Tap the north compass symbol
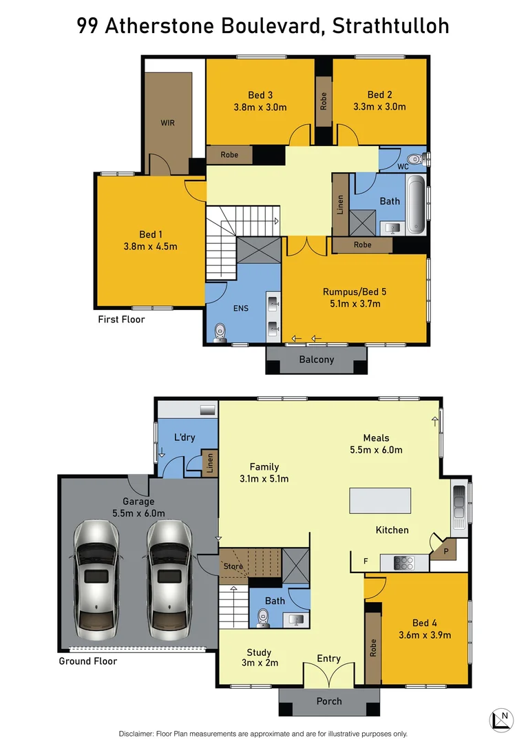501,720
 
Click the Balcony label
317,360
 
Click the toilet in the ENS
220,332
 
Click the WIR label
167,123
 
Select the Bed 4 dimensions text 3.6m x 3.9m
425,635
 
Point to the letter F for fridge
366,561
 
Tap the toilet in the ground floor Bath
263,617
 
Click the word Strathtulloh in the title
390,26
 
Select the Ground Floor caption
88,661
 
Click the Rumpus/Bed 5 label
355,291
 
